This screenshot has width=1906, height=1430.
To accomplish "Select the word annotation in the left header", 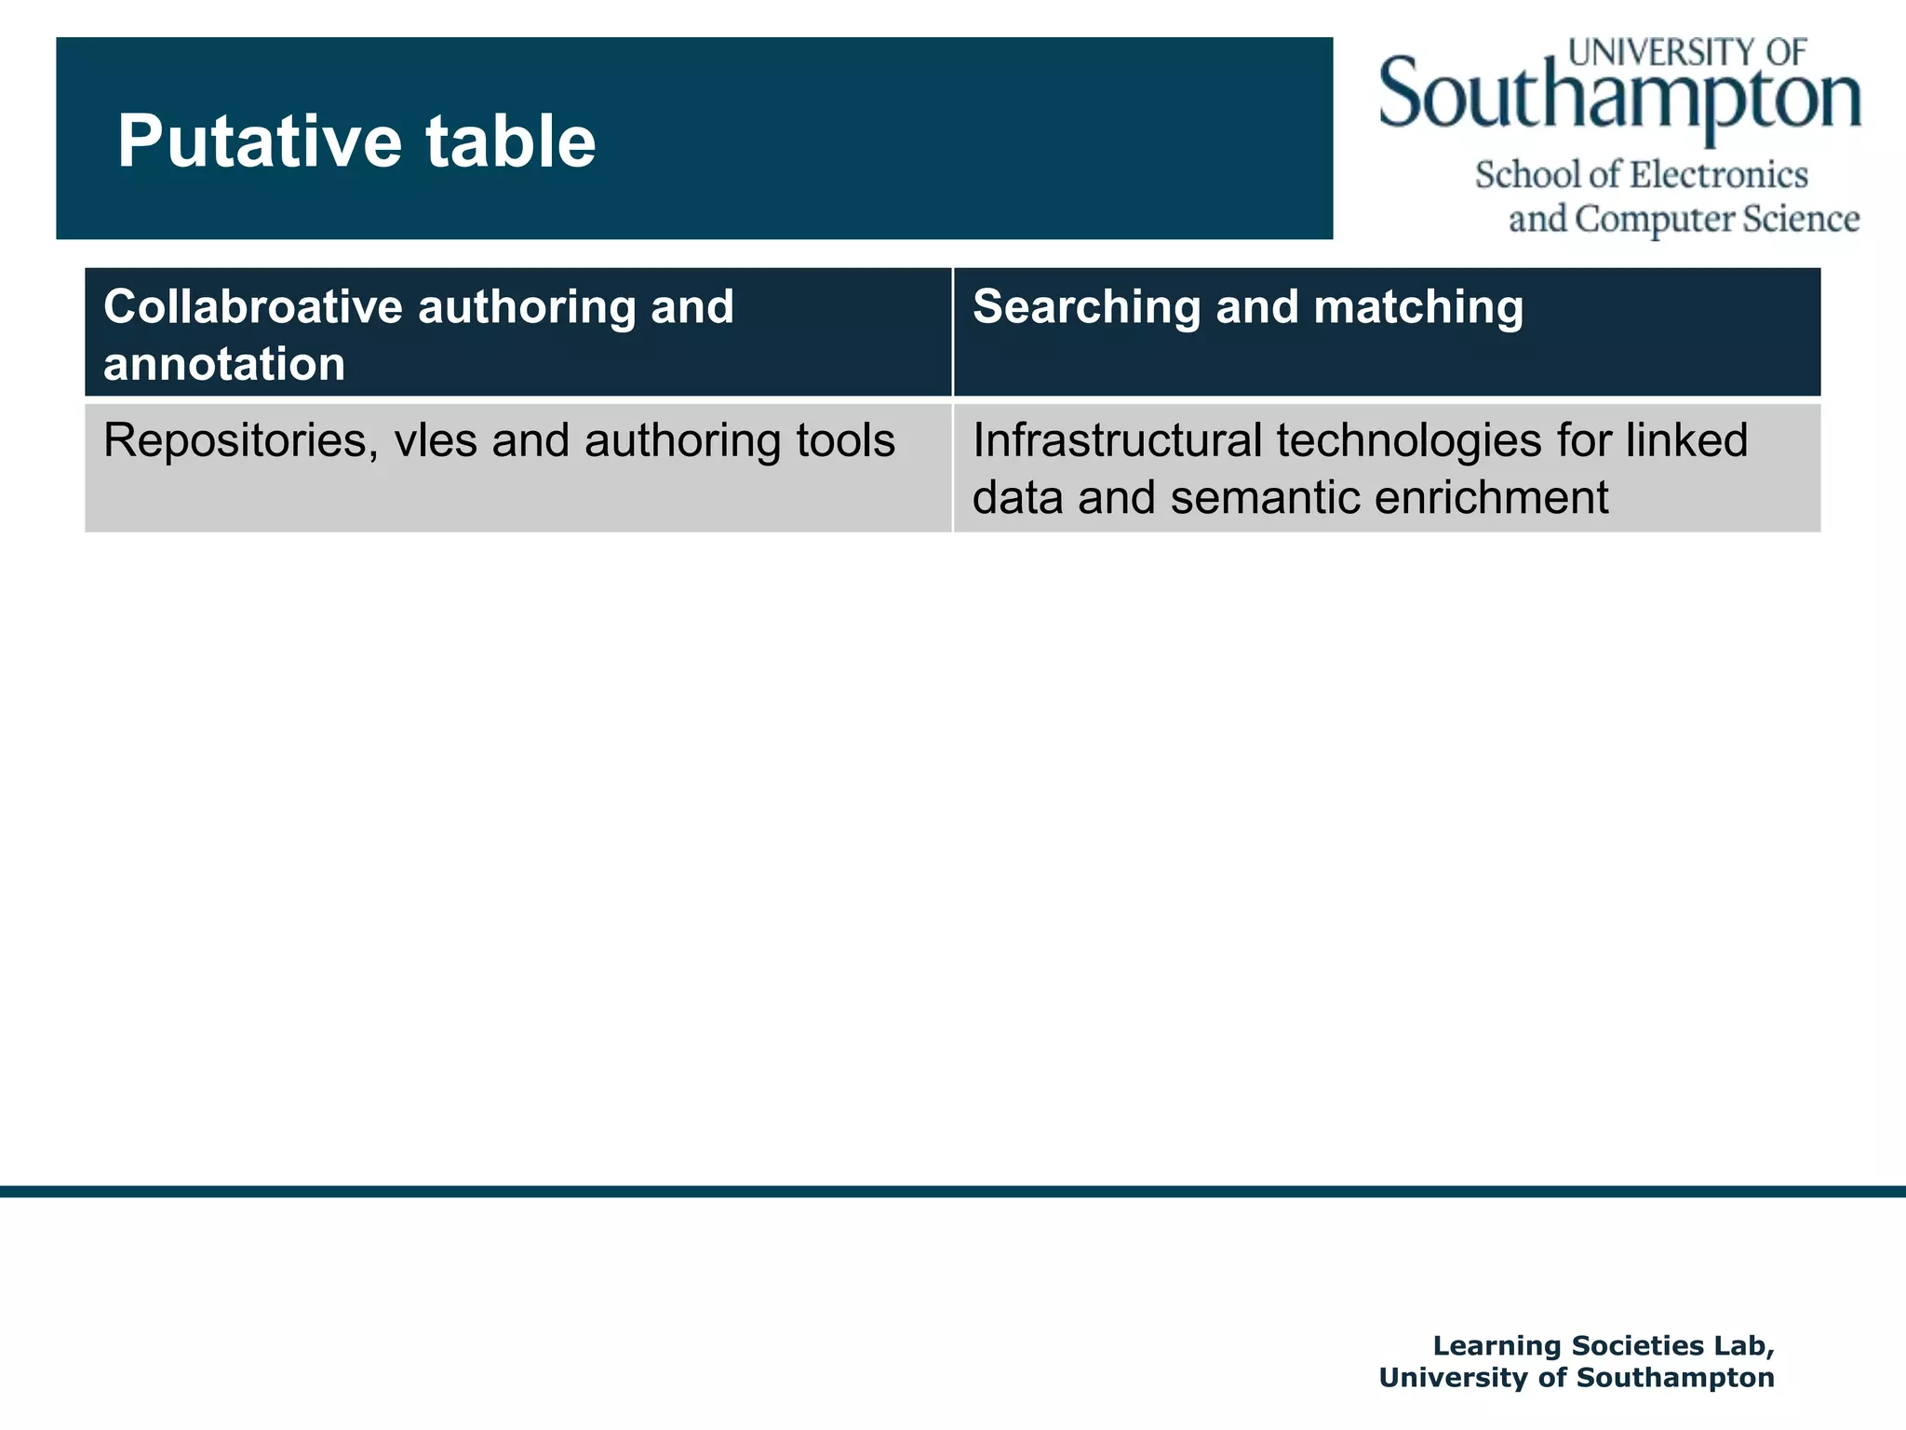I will (x=224, y=363).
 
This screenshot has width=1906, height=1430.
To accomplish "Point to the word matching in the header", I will (x=1418, y=307).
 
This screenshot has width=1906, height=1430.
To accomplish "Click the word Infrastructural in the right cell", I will (x=1117, y=440).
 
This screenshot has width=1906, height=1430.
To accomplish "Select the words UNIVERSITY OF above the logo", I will (x=1687, y=52).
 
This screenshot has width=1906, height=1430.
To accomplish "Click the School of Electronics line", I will (x=1641, y=175).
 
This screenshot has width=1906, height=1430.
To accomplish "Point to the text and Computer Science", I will (x=1683, y=220).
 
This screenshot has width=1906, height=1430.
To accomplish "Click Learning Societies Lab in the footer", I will (x=1603, y=1345).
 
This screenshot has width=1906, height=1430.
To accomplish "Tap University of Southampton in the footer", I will (x=1577, y=1378).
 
